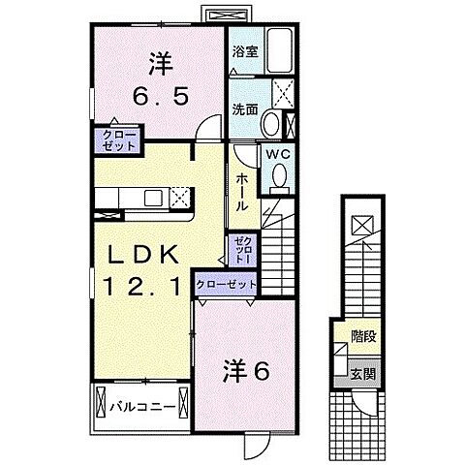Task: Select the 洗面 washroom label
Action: point(244,110)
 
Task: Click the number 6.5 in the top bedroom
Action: point(160,97)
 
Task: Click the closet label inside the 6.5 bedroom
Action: point(114,139)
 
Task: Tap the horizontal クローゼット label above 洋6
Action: point(227,284)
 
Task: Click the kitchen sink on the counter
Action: point(155,198)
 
